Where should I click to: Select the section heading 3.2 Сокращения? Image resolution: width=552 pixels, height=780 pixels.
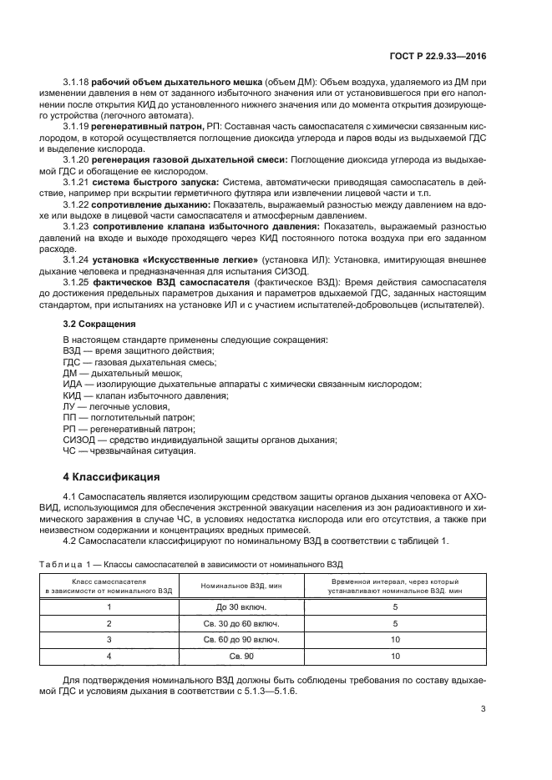100,323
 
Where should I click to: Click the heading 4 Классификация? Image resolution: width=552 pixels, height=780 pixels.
112,478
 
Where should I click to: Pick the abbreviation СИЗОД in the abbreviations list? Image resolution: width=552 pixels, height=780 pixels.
82,440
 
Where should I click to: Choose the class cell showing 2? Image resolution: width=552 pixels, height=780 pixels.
109,624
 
